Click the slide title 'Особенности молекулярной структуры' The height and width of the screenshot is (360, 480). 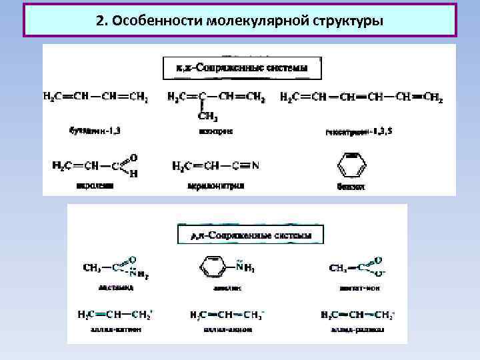(239, 20)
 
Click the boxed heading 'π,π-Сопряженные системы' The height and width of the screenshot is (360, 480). (243, 68)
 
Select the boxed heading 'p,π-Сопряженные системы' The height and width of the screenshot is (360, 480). (251, 235)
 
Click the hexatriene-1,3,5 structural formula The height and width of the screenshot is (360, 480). (361, 97)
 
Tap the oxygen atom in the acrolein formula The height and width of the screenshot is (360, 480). (134, 157)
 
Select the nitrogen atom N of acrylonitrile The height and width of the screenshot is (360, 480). (255, 165)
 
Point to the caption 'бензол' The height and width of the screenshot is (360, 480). (351, 187)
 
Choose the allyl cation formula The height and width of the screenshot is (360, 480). (114, 313)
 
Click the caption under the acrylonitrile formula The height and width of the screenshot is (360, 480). (216, 186)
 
